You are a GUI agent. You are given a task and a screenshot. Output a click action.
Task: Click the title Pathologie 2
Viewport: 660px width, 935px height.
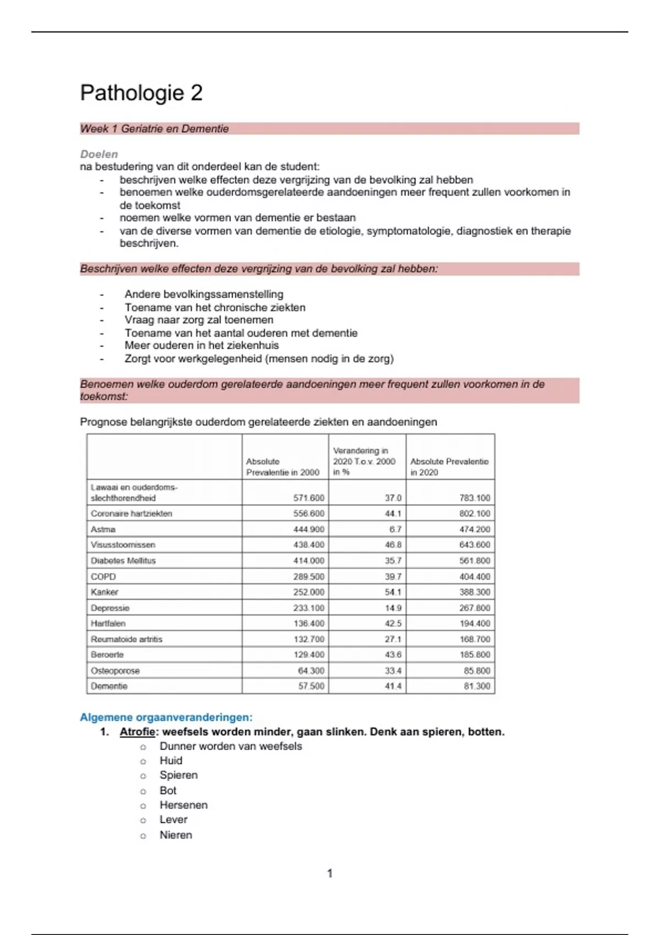pyautogui.click(x=141, y=92)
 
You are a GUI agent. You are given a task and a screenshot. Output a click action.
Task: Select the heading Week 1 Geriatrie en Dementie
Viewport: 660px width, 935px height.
pyautogui.click(x=155, y=129)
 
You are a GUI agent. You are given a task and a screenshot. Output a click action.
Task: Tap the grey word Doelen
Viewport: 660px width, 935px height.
pyautogui.click(x=99, y=154)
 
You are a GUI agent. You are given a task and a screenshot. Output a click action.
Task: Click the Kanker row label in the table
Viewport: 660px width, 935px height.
pyautogui.click(x=105, y=592)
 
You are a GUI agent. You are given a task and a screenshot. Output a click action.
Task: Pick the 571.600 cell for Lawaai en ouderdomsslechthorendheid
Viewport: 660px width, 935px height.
pyautogui.click(x=309, y=498)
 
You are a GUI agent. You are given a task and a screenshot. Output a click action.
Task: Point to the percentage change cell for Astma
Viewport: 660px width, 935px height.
pyautogui.click(x=395, y=529)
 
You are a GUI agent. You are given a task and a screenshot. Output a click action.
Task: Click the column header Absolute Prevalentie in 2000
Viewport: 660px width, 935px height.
pyautogui.click(x=283, y=467)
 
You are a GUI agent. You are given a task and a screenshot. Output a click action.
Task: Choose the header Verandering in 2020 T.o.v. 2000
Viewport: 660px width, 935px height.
pyautogui.click(x=364, y=461)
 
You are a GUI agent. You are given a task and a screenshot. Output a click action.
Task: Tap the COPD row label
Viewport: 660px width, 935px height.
pyautogui.click(x=103, y=576)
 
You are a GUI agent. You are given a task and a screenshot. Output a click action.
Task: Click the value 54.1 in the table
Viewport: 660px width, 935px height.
pyautogui.click(x=393, y=592)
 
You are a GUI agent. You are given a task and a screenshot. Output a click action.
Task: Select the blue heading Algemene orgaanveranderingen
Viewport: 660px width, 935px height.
pyautogui.click(x=166, y=717)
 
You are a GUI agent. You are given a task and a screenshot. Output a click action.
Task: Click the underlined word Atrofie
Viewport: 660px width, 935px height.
pyautogui.click(x=137, y=732)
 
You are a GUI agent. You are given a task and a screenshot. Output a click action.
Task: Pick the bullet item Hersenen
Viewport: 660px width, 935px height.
pyautogui.click(x=184, y=805)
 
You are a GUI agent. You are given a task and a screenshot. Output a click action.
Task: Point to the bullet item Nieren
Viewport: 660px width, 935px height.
pyautogui.click(x=176, y=835)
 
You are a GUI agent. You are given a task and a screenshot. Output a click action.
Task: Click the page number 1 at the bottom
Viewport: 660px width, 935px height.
pyautogui.click(x=330, y=873)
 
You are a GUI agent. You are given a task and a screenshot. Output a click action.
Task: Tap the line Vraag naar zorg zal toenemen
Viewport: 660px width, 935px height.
pyautogui.click(x=199, y=320)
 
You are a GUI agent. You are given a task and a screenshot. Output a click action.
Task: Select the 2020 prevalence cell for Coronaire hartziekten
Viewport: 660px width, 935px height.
pyautogui.click(x=475, y=514)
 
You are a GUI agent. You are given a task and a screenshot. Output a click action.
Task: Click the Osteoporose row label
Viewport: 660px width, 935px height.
pyautogui.click(x=115, y=671)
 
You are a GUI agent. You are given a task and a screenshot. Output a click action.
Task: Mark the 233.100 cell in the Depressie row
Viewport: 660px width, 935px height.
pyautogui.click(x=309, y=608)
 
